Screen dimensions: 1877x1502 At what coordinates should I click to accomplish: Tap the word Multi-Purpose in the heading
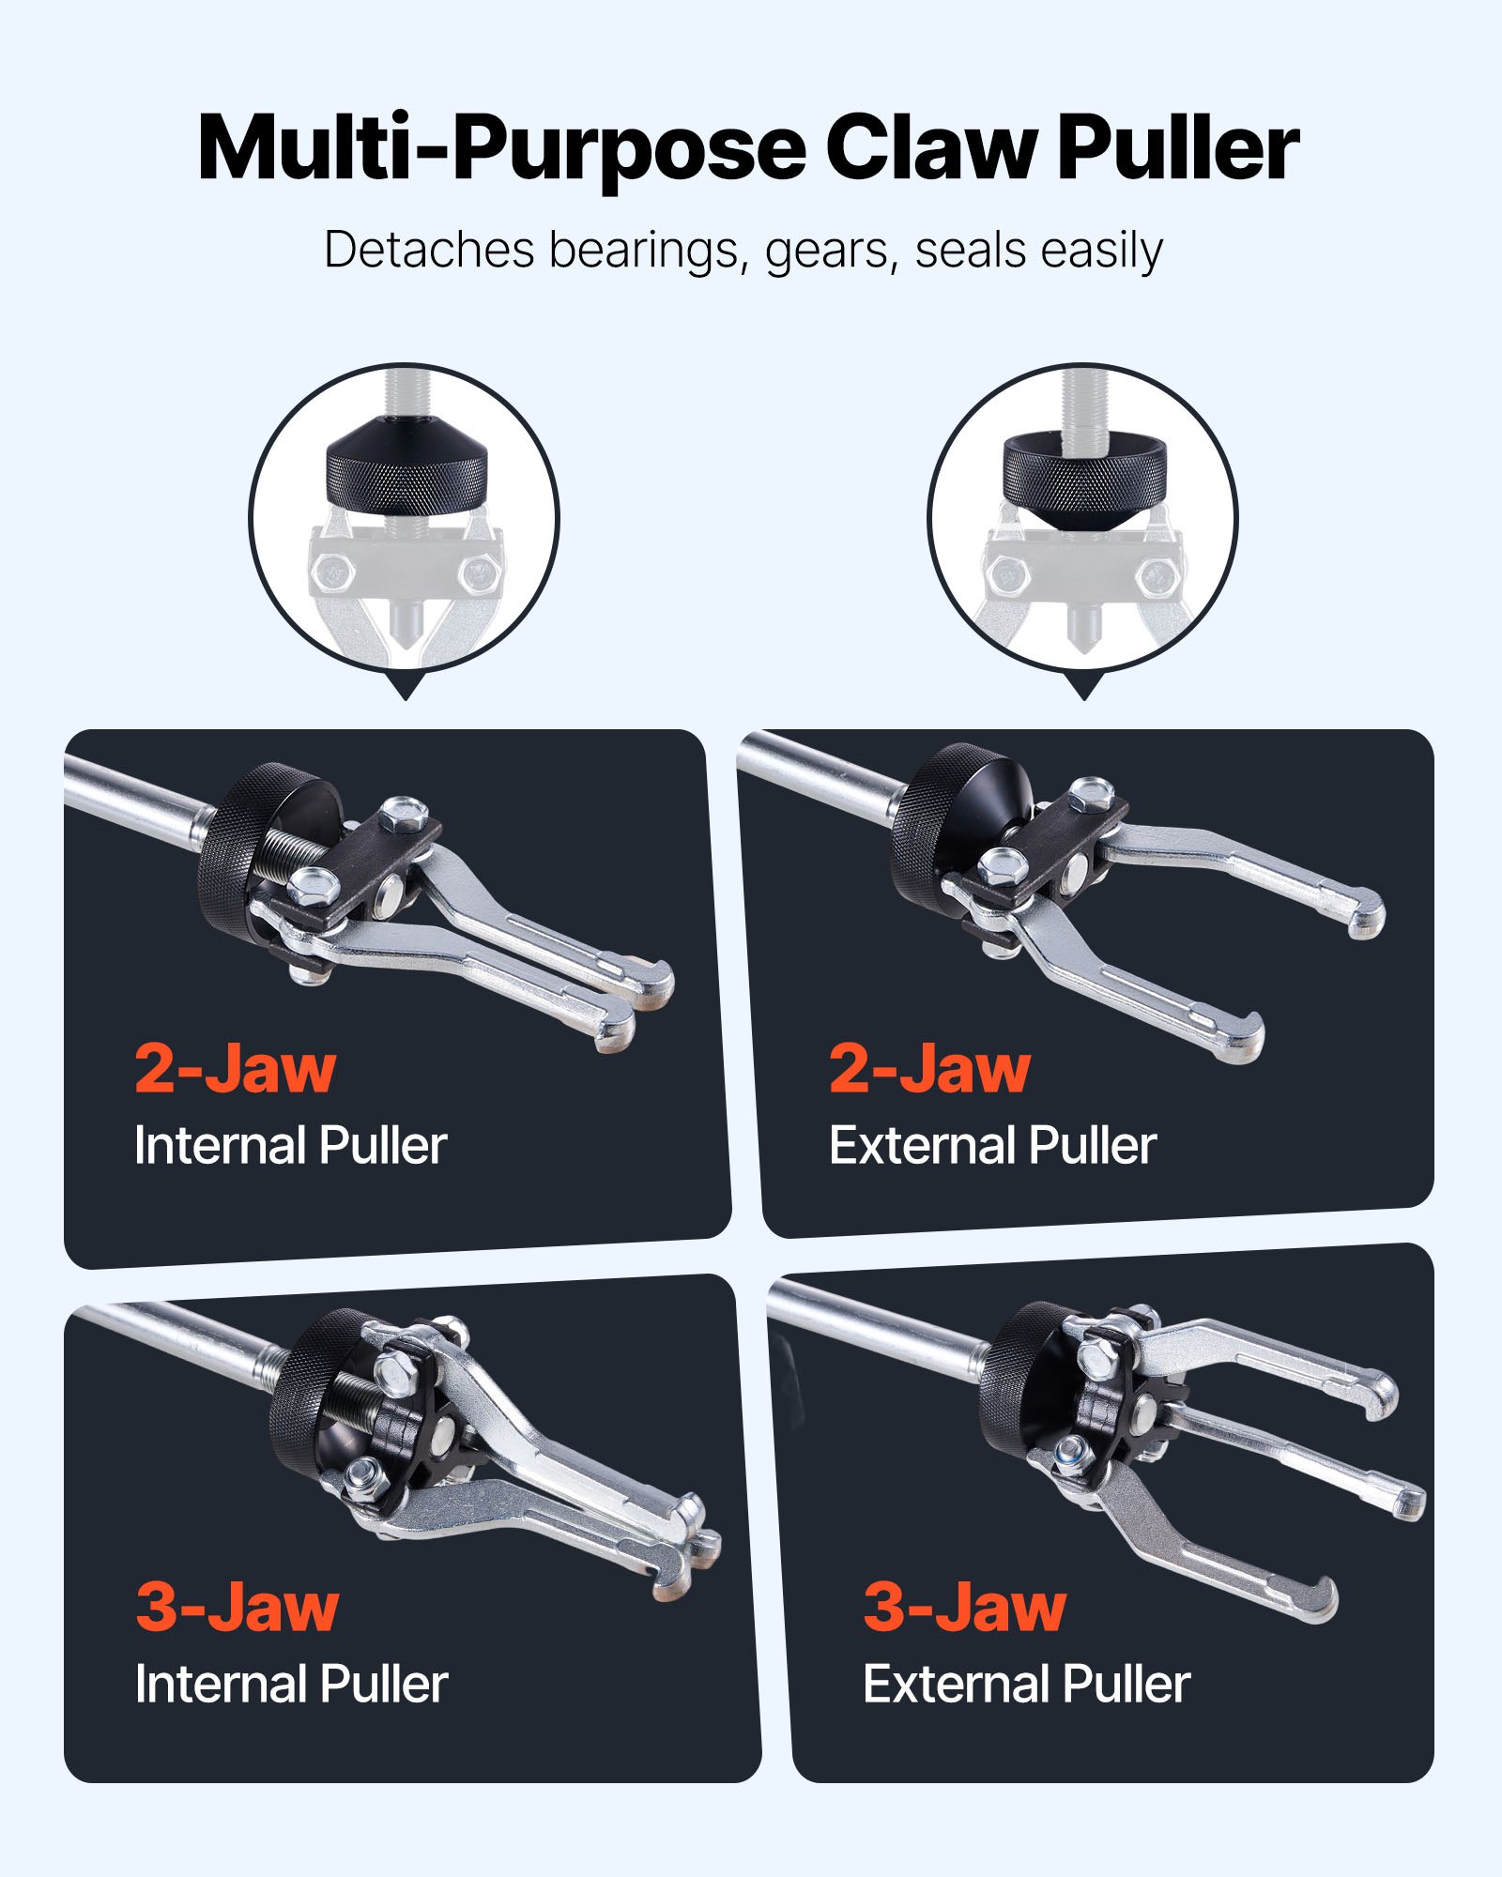tap(501, 148)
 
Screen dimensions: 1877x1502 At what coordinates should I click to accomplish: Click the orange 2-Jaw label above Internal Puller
tap(235, 1069)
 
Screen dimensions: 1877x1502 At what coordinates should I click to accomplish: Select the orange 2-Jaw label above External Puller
tap(929, 1069)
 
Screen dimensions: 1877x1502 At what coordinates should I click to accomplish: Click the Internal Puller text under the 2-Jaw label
tap(290, 1146)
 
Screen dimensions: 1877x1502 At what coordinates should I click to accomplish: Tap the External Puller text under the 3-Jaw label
tap(1026, 1685)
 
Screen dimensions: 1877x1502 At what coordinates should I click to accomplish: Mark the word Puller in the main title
tap(1178, 148)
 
